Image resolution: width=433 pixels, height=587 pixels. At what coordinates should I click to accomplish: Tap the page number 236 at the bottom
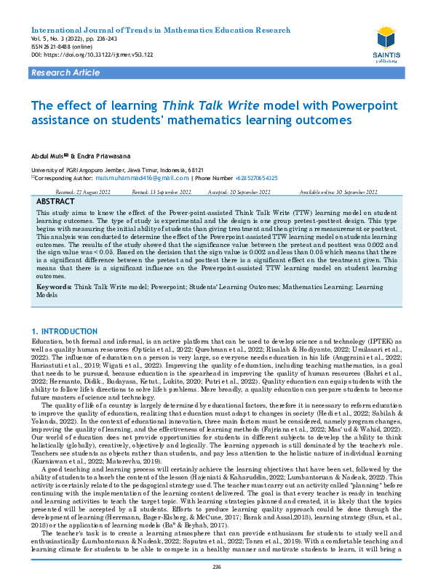click(x=216, y=566)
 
